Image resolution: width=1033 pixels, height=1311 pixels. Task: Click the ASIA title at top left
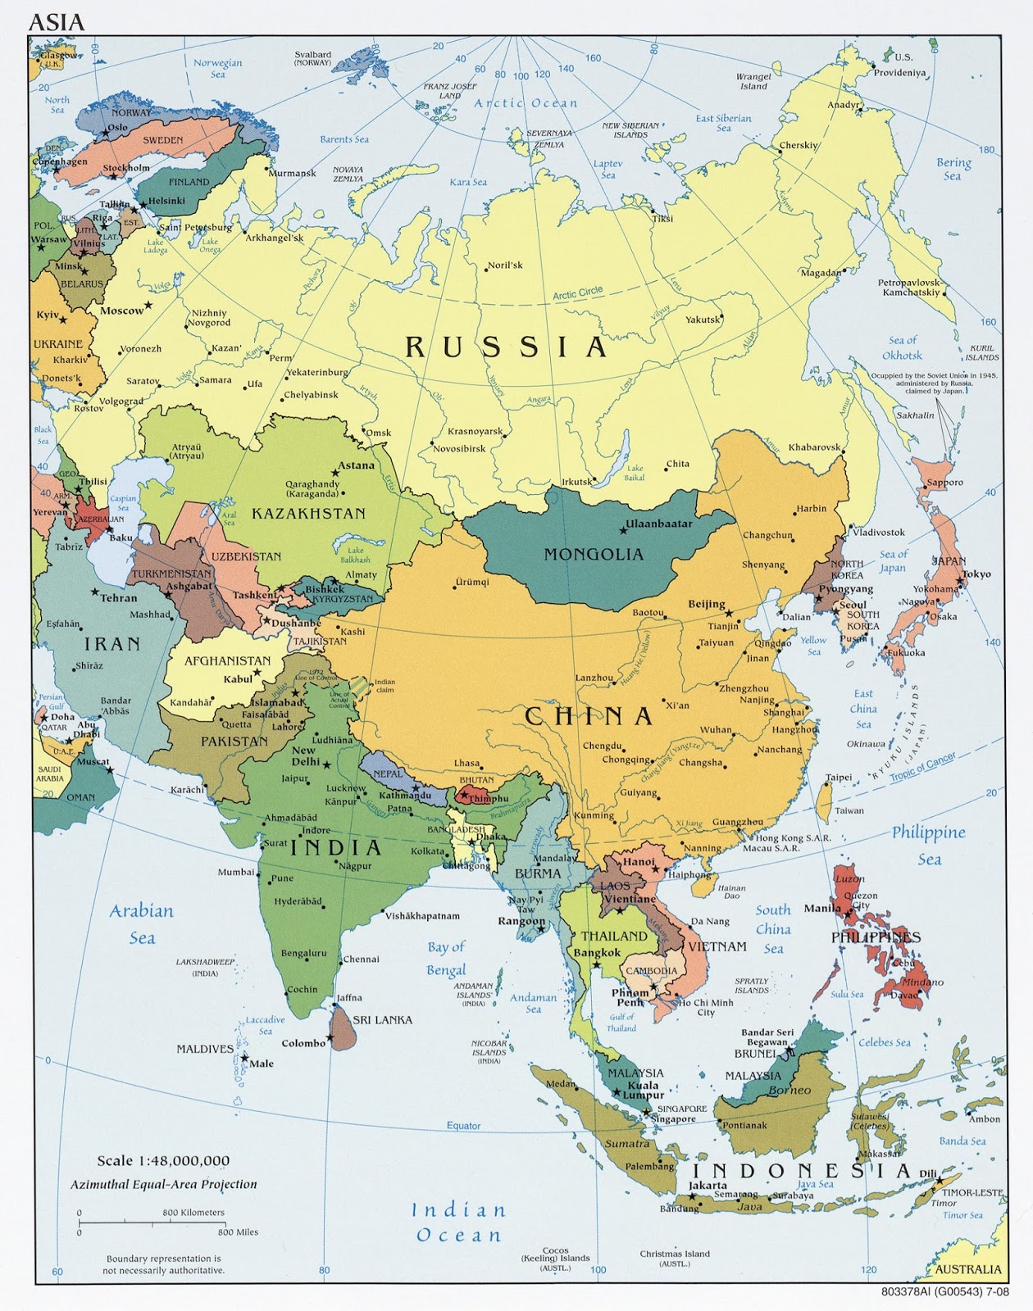(57, 22)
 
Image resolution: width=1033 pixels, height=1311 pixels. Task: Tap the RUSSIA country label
(507, 347)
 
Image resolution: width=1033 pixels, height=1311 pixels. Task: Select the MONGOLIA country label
(594, 555)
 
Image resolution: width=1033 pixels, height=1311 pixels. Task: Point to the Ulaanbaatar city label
(659, 524)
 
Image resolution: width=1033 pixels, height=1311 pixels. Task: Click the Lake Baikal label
(635, 473)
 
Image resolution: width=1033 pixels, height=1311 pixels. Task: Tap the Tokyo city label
(976, 574)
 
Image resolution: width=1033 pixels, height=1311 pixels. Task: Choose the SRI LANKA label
(382, 1020)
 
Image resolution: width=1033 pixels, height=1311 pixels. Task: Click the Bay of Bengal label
(446, 958)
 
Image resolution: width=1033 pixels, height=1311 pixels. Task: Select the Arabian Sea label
(142, 923)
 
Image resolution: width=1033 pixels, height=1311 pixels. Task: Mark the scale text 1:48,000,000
(163, 1160)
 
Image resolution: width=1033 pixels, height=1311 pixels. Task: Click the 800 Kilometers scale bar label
(193, 1213)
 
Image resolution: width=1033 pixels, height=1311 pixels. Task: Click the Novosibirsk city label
(459, 449)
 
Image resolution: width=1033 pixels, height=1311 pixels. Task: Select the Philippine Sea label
(929, 845)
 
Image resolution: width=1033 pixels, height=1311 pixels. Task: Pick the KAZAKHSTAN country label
(307, 514)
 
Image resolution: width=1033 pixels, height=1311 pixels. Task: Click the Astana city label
(357, 465)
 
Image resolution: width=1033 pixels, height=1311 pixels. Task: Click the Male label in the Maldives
(262, 1064)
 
